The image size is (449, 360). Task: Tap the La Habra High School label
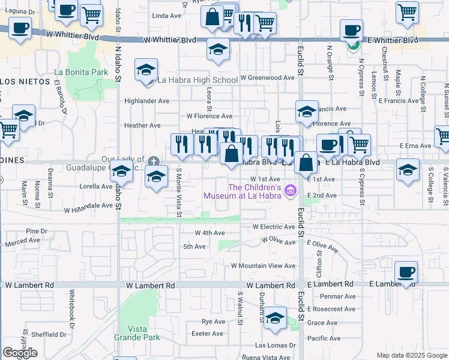197,80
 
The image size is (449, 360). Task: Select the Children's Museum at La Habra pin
292,191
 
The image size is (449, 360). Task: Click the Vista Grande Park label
137,333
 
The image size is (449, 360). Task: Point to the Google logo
20,352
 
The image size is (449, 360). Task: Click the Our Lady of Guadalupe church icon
154,161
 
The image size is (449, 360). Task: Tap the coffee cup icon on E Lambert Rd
406,272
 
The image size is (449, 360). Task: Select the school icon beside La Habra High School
146,71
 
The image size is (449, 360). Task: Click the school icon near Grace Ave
276,318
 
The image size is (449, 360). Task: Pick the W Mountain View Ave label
264,265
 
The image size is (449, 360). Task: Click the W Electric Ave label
274,227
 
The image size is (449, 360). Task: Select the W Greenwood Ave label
267,77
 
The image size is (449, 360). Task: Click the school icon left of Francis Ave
306,112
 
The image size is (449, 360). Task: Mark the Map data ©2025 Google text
412,355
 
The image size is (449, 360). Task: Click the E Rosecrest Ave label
331,309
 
